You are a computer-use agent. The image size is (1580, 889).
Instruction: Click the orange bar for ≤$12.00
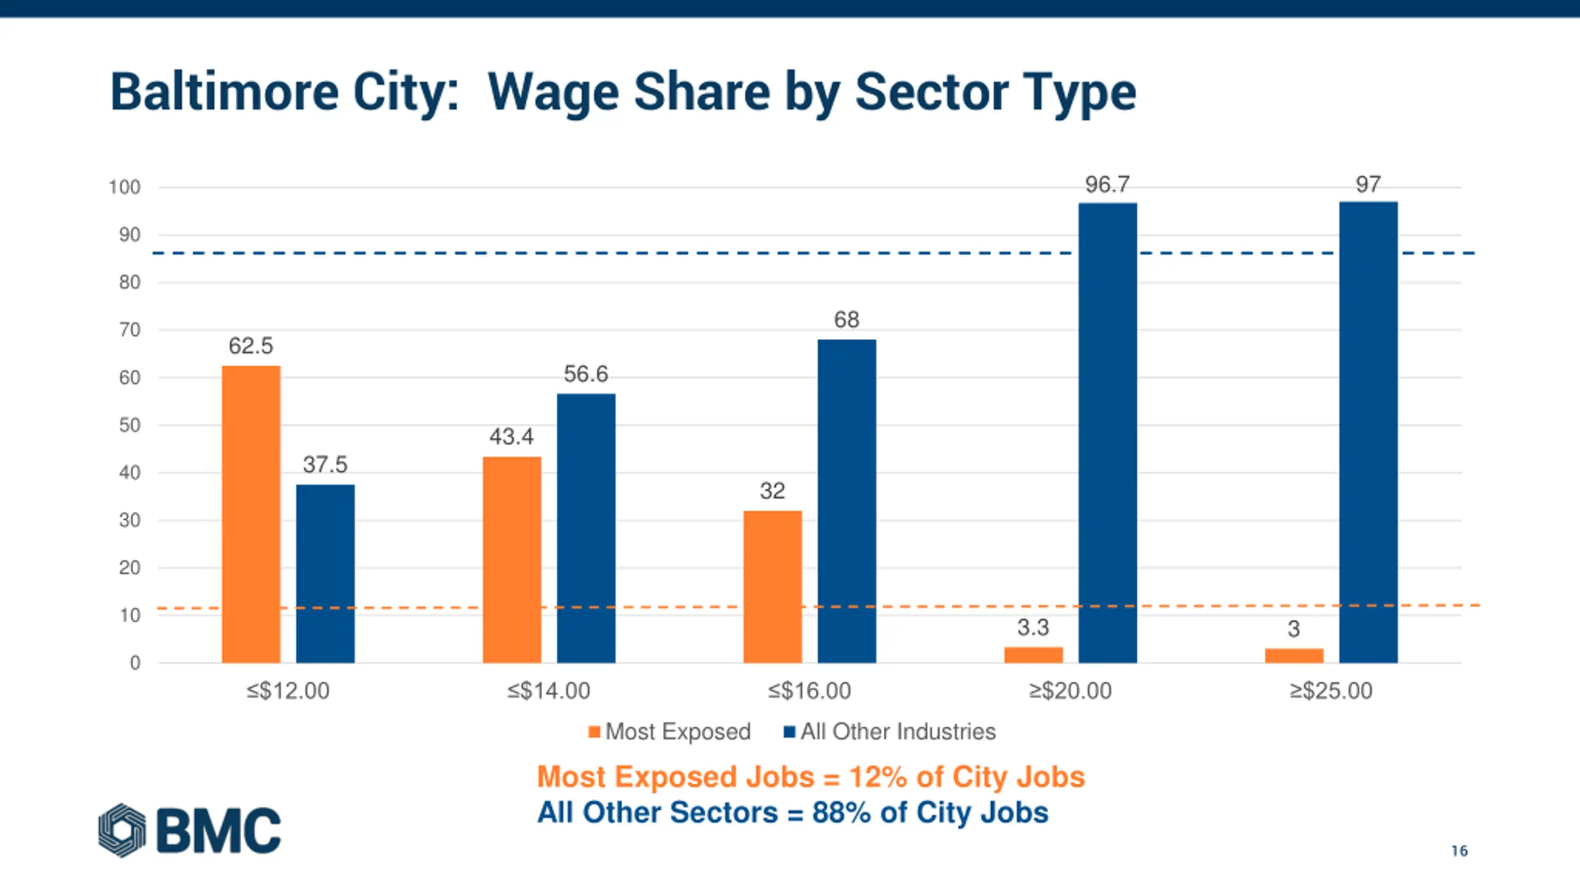click(x=251, y=514)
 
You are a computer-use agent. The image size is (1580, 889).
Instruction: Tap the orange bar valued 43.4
click(x=512, y=559)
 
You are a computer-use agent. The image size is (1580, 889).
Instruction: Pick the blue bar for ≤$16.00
click(x=847, y=501)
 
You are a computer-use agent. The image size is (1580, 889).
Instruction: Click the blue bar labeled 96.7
click(x=1107, y=432)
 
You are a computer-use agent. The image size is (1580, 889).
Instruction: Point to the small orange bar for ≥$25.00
click(x=1294, y=655)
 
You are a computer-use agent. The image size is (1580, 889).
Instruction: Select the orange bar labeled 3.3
click(x=1033, y=654)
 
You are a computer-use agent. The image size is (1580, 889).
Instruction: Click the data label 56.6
click(x=586, y=374)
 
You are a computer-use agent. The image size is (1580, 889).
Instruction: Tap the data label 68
click(x=846, y=320)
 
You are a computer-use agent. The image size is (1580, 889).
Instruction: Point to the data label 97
click(x=1368, y=185)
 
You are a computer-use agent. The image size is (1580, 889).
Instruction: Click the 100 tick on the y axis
click(x=125, y=187)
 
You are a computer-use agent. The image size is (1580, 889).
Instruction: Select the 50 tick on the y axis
click(x=130, y=425)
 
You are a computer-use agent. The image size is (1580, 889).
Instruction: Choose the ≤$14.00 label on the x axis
click(x=549, y=691)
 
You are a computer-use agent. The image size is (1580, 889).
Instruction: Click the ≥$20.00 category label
click(x=1070, y=691)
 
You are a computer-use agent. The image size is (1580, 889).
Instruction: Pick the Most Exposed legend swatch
click(x=594, y=732)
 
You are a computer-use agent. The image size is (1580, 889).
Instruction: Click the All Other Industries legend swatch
click(x=789, y=732)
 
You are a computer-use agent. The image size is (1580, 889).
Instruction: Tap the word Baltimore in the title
click(x=225, y=93)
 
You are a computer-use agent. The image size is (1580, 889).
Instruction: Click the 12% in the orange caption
click(x=878, y=777)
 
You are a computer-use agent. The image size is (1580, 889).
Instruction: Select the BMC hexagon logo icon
click(x=122, y=830)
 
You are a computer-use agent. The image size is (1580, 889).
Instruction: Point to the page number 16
click(x=1459, y=851)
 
